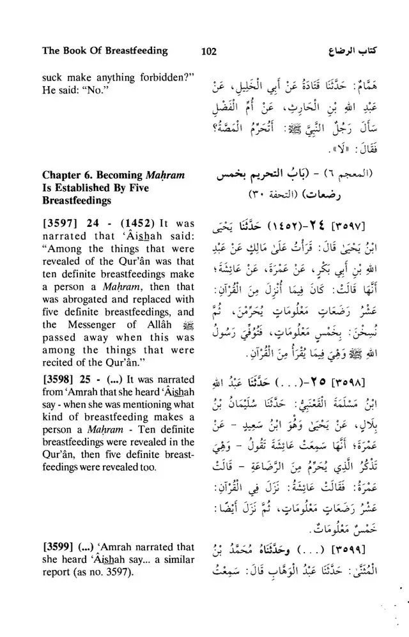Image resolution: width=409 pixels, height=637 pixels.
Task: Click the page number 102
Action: coord(210,51)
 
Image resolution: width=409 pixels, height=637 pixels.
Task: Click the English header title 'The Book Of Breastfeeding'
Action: coord(104,50)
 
